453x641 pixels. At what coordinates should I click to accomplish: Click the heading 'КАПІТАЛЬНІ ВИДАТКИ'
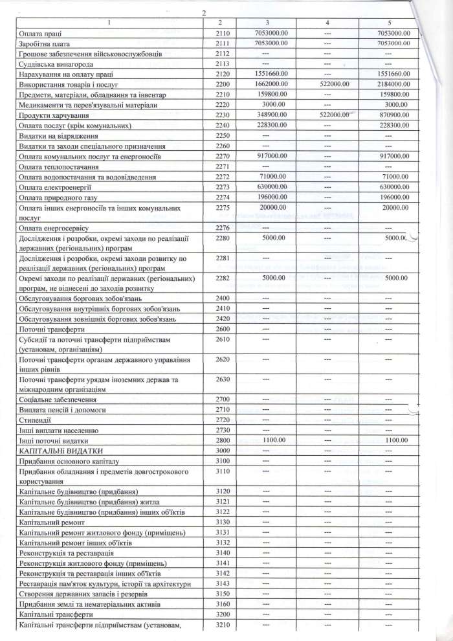tap(61, 450)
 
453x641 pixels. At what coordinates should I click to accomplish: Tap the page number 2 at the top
tap(204, 12)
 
